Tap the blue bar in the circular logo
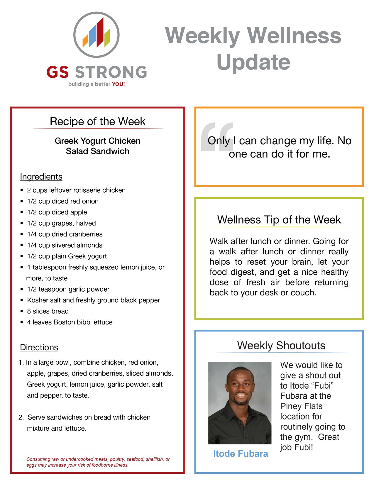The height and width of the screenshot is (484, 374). coord(92,36)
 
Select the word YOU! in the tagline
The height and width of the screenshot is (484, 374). coord(118,84)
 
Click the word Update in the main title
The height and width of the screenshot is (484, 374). coord(253,62)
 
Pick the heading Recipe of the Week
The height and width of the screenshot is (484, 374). coord(98,121)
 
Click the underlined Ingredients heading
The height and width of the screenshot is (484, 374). coord(41,177)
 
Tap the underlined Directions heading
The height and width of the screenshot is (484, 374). coord(39,347)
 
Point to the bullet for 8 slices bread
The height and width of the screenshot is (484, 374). coord(22,311)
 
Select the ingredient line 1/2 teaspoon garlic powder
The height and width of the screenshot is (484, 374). coord(68,289)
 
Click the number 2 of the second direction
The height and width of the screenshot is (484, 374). coord(21,417)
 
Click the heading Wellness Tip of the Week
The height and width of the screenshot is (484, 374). coord(279,220)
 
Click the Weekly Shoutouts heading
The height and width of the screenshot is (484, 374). coord(281,346)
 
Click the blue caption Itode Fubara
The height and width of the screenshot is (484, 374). coord(241,454)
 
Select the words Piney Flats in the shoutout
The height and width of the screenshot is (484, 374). coord(301,406)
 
